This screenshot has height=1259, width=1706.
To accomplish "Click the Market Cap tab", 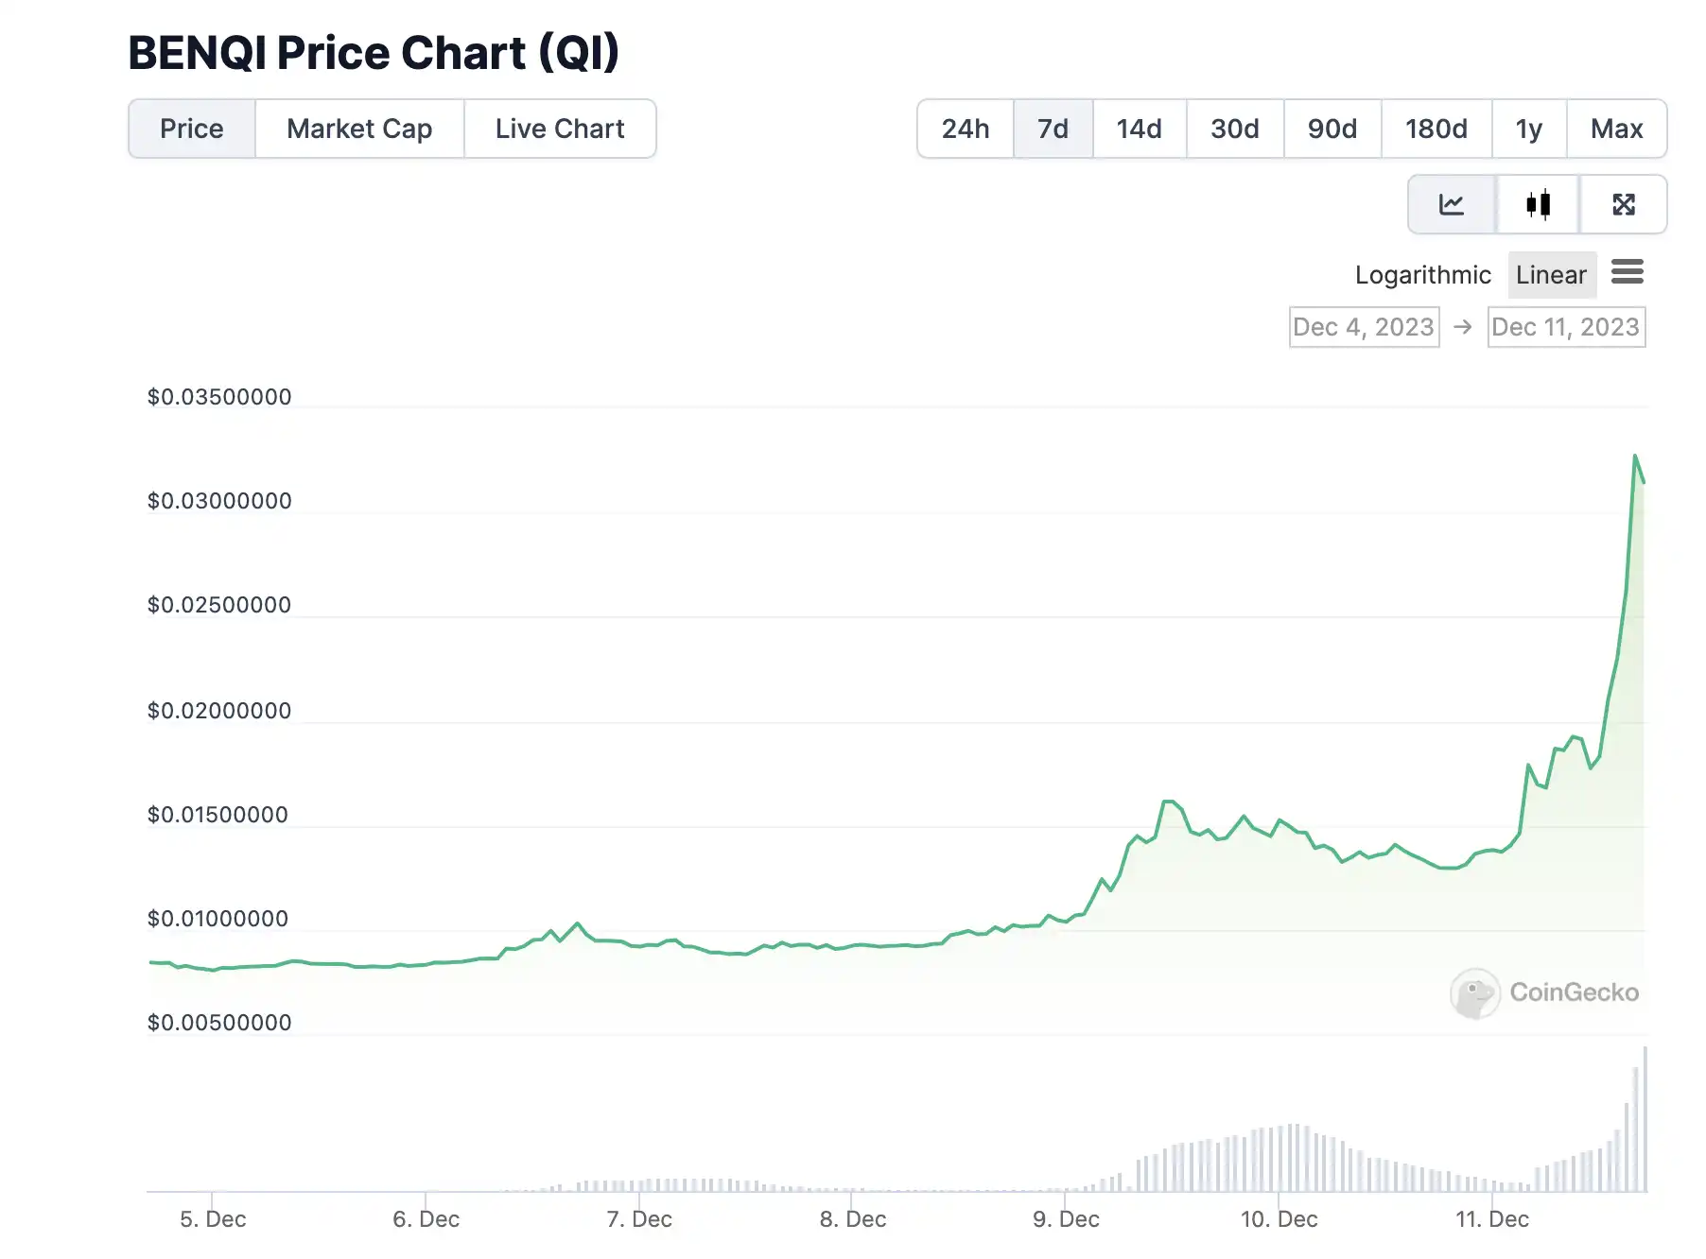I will coord(359,129).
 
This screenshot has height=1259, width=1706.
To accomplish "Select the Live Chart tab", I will coord(560,129).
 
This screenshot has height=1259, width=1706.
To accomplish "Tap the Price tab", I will coord(192,129).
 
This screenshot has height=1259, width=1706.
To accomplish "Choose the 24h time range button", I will coord(966,129).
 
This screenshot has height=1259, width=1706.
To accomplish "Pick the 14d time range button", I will coord(1140,129).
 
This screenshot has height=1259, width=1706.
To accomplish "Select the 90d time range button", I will coord(1332,129).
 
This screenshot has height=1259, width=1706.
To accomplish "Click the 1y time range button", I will coord(1529,129).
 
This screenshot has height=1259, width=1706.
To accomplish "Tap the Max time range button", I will coord(1617,129).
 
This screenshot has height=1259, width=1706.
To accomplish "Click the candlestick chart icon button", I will coord(1539,204).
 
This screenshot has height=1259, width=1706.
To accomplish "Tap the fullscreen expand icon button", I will coord(1624,204).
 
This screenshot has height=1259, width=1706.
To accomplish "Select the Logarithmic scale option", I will coord(1422,275).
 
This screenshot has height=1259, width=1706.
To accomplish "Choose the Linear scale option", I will coord(1551,275).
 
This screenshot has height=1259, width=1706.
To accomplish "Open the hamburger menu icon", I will coord(1628,272).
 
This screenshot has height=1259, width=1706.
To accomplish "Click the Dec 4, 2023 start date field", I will coord(1364,327).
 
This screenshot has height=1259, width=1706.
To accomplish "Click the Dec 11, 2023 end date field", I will coord(1566,327).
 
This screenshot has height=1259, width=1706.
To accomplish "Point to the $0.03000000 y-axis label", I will coord(219,501).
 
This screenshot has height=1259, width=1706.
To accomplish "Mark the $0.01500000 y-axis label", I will coord(218,815).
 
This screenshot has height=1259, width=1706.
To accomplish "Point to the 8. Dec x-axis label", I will coord(853,1219).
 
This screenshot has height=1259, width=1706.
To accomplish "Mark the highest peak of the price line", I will coord(1635,456).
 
